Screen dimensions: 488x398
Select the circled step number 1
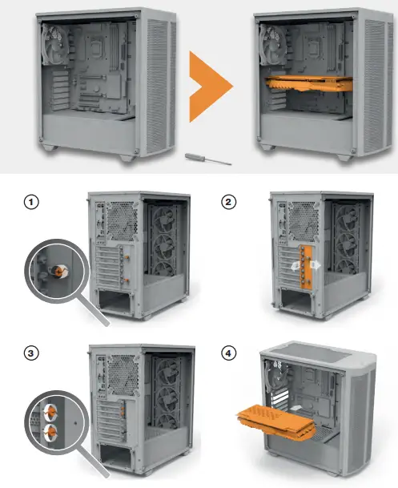pos(32,203)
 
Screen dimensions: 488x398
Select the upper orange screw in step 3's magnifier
pos(50,408)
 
